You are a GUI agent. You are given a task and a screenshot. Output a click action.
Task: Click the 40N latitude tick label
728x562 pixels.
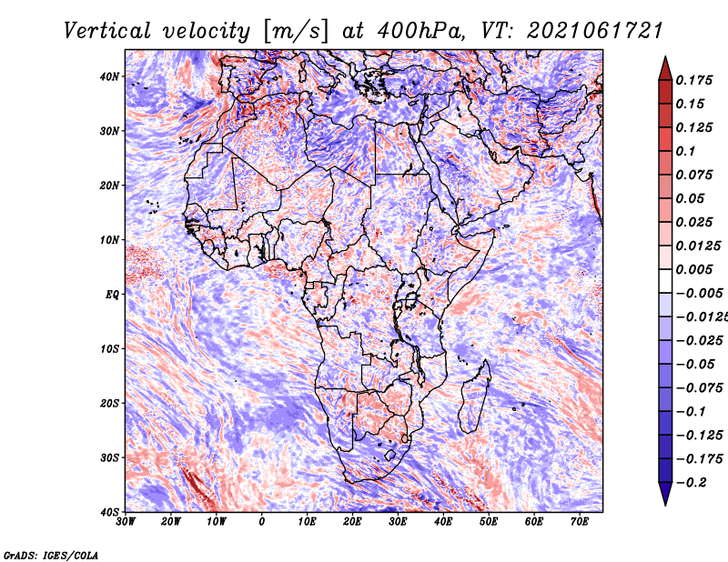pyautogui.click(x=108, y=76)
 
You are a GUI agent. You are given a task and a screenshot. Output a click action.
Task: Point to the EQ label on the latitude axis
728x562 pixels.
pyautogui.click(x=112, y=295)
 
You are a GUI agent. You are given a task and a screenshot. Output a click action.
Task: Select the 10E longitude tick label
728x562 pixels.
pyautogui.click(x=307, y=522)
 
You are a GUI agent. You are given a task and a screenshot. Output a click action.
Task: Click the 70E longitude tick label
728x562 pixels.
pyautogui.click(x=580, y=522)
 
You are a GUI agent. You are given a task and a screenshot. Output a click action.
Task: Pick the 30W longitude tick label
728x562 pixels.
pyautogui.click(x=126, y=522)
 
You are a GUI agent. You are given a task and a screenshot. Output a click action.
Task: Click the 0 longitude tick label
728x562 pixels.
pyautogui.click(x=262, y=522)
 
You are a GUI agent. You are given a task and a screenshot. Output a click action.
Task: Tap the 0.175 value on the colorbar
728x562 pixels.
pyautogui.click(x=693, y=80)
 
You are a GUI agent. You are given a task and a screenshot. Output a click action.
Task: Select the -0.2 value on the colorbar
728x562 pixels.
pyautogui.click(x=692, y=483)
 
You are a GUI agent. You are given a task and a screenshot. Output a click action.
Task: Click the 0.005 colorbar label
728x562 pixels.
pyautogui.click(x=693, y=269)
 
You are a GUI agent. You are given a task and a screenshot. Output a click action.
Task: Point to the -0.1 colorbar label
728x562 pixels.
pyautogui.click(x=692, y=412)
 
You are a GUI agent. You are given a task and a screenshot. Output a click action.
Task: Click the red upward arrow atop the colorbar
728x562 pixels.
pyautogui.click(x=665, y=69)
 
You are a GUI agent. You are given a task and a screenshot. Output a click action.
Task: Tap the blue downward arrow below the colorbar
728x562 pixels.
pyautogui.click(x=665, y=494)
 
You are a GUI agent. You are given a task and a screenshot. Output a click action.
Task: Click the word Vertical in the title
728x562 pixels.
pyautogui.click(x=106, y=32)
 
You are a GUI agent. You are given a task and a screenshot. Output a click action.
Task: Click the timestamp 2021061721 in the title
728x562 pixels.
pyautogui.click(x=595, y=31)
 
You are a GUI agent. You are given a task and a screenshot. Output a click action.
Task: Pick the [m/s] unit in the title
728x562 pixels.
pyautogui.click(x=295, y=32)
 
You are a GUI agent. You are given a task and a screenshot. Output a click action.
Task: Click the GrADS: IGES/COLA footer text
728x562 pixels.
pyautogui.click(x=51, y=556)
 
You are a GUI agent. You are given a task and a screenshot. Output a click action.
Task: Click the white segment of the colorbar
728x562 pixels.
pyautogui.click(x=665, y=281)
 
